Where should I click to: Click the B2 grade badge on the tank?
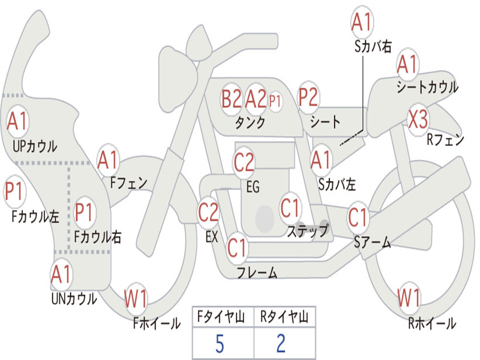tap(232, 99)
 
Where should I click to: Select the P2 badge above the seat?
tap(308, 97)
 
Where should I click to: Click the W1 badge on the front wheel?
tap(135, 298)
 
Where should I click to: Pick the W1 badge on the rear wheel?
tap(409, 298)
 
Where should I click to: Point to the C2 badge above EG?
tap(244, 162)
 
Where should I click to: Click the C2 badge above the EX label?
tap(208, 212)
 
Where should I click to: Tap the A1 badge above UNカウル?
tap(61, 274)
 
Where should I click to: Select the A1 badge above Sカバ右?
tap(362, 22)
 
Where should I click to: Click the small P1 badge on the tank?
tap(275, 101)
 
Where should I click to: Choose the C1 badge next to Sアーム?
tap(358, 217)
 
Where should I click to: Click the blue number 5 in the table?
tap(220, 344)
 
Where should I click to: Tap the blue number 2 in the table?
tap(281, 344)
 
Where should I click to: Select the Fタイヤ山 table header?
tap(221, 317)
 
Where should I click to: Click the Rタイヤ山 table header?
tap(285, 317)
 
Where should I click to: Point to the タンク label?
tap(250, 123)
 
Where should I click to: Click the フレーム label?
tap(257, 272)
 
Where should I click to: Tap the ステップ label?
tap(307, 231)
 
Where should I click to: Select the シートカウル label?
tap(427, 87)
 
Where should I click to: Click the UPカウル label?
tap(35, 146)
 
